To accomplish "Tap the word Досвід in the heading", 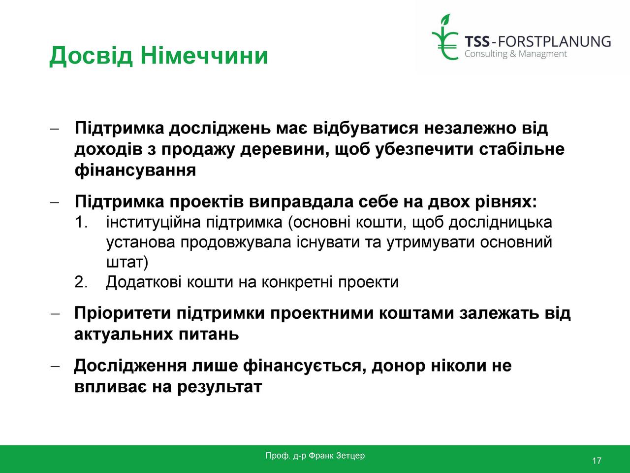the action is tap(91, 56).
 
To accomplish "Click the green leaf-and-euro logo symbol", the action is tap(445, 37).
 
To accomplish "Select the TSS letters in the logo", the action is tap(477, 42).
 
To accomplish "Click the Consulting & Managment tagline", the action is tap(516, 54).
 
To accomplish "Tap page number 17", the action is tap(597, 461).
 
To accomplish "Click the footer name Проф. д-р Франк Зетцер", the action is tap(315, 455).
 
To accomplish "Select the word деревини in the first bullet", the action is tap(284, 149).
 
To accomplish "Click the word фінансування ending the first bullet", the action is tap(135, 170).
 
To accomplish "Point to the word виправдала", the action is tap(301, 202).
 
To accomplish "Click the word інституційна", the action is tap(153, 223).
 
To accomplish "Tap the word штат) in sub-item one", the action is tap(127, 262).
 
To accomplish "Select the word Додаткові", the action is tap(144, 282).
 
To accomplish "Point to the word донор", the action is tap(398, 366).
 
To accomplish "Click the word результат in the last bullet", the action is tap(220, 387).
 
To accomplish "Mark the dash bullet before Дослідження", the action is tap(55, 367).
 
